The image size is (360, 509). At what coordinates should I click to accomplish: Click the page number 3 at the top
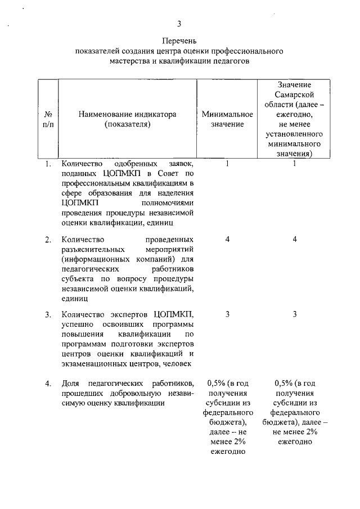point(179,23)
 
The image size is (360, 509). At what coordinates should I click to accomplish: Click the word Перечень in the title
point(179,42)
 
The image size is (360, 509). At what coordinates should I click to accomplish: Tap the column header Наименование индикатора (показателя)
point(128,119)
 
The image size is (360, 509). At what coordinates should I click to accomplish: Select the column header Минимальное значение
point(227,119)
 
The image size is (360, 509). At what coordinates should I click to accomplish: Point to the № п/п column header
point(48,119)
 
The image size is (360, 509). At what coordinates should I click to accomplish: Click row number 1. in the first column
point(49,164)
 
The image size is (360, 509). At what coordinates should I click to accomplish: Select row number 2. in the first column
point(49,240)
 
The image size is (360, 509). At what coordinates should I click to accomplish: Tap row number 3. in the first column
point(49,314)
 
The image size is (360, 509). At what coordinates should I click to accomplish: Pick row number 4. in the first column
point(49,383)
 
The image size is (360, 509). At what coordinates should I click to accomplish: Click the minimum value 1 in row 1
point(227,164)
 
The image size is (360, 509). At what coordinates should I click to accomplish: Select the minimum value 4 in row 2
point(227,240)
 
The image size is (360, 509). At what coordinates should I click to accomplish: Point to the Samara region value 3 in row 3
point(294,314)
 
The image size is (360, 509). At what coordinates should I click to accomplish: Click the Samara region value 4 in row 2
point(294,240)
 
